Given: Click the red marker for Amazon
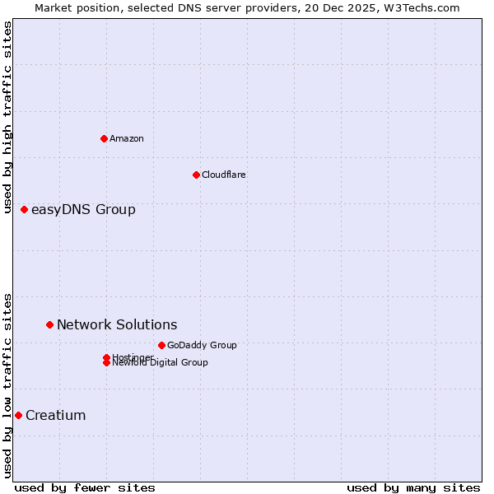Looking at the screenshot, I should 104,138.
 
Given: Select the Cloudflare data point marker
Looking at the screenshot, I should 196,175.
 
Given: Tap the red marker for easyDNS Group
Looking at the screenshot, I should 25,209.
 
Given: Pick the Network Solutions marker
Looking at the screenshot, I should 50,324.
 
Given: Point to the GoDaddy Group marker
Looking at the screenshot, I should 161,345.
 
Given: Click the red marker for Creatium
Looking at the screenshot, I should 18,415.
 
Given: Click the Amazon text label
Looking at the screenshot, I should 127,138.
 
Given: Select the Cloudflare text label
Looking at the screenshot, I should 224,175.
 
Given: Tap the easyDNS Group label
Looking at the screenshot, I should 83,209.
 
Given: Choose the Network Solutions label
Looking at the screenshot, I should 117,324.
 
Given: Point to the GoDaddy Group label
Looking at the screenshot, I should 202,345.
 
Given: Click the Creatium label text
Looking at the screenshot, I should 56,415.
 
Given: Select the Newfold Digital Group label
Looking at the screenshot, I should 161,363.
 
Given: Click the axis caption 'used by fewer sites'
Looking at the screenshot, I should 85,487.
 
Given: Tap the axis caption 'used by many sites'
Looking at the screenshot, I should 413,487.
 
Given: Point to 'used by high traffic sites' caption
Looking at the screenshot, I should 8,117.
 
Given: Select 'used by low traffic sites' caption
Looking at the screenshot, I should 8,384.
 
